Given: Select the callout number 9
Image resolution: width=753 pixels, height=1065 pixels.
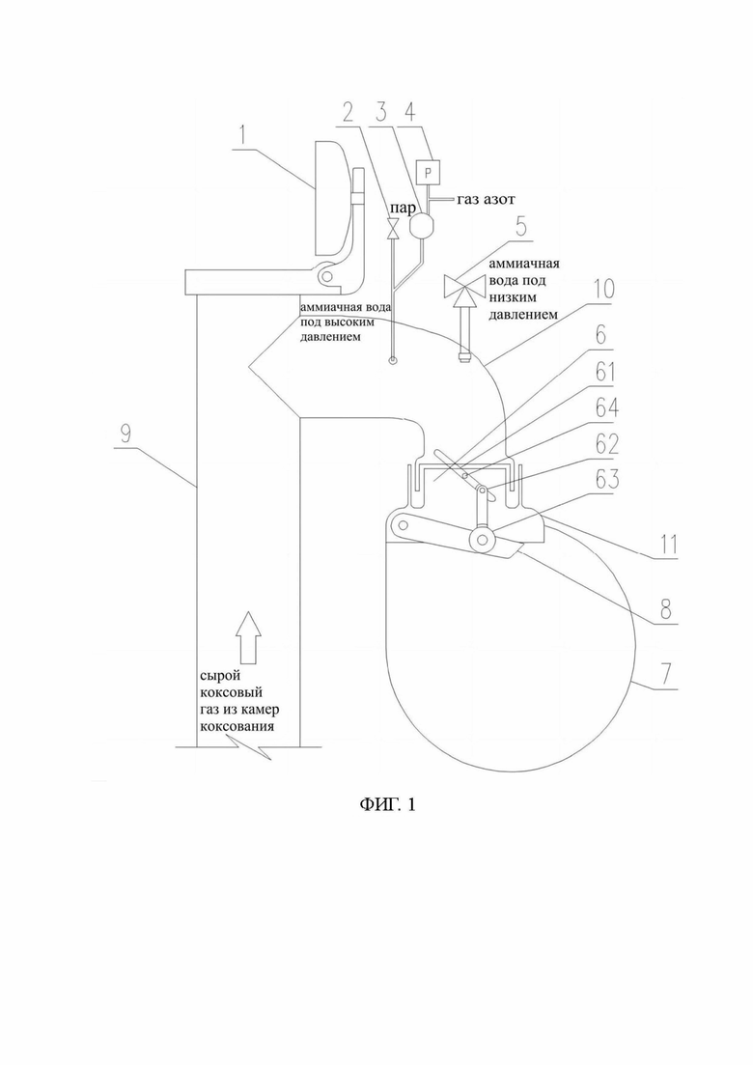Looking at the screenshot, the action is tap(125, 434).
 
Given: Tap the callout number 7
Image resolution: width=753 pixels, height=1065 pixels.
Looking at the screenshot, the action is tap(666, 675).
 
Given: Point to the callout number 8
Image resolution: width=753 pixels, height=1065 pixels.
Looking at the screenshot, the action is tap(665, 609).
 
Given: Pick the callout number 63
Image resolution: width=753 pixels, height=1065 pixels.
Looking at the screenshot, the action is tap(607, 479).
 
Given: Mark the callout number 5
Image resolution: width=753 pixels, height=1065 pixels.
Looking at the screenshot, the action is tap(519, 227).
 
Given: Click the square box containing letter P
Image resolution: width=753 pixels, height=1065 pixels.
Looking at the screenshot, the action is tap(428, 172).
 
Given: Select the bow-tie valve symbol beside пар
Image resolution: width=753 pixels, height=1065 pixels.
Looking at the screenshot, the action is tap(393, 229).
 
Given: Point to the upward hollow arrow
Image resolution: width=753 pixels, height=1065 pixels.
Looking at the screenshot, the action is tap(248, 637).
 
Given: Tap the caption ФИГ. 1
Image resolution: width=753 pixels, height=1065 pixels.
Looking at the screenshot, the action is tap(387, 805).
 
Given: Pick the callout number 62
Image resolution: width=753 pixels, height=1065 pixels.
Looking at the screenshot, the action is tap(607, 444).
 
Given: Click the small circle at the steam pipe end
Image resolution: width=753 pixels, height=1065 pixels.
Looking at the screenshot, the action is tap(393, 361).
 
